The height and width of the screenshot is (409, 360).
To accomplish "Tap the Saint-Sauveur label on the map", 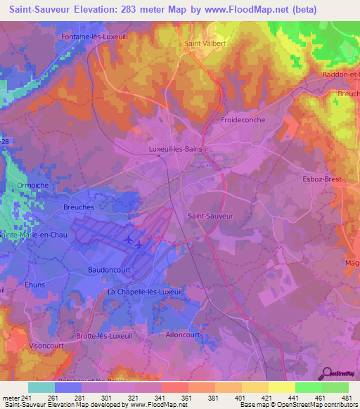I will [211, 216].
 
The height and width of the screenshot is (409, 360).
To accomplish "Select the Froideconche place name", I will [243, 120].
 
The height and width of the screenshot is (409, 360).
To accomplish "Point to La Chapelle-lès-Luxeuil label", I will [145, 291].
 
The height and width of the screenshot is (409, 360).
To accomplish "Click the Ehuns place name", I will [34, 285].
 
